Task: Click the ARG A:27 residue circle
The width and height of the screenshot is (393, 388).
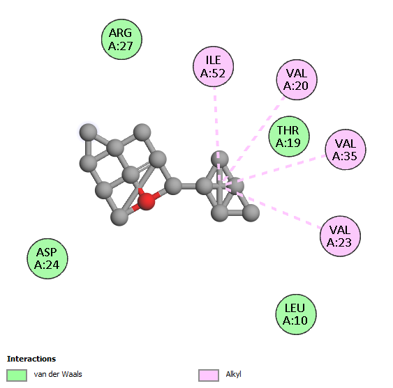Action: [121, 39]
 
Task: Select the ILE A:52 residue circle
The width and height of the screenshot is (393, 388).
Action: [214, 67]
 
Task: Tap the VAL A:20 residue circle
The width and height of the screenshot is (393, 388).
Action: [297, 79]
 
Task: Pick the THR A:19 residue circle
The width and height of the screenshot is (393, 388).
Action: [289, 137]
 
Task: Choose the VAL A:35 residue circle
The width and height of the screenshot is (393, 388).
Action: [345, 150]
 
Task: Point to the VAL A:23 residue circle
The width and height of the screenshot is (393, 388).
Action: [340, 236]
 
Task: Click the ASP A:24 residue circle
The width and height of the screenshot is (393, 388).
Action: [47, 258]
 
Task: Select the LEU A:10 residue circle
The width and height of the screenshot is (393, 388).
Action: [296, 314]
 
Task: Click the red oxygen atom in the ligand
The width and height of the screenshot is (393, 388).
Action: [147, 201]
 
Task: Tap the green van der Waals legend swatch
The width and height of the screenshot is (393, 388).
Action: [17, 375]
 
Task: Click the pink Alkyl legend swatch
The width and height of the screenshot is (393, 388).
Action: [209, 375]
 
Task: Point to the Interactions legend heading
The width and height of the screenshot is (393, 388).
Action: [31, 359]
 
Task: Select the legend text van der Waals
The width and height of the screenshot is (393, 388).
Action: [58, 374]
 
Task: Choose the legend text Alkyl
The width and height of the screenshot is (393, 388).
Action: [233, 374]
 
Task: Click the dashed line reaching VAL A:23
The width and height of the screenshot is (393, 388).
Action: [272, 207]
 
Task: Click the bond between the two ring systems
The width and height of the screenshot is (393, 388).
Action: [188, 186]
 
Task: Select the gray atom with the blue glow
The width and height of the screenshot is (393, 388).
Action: [88, 132]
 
